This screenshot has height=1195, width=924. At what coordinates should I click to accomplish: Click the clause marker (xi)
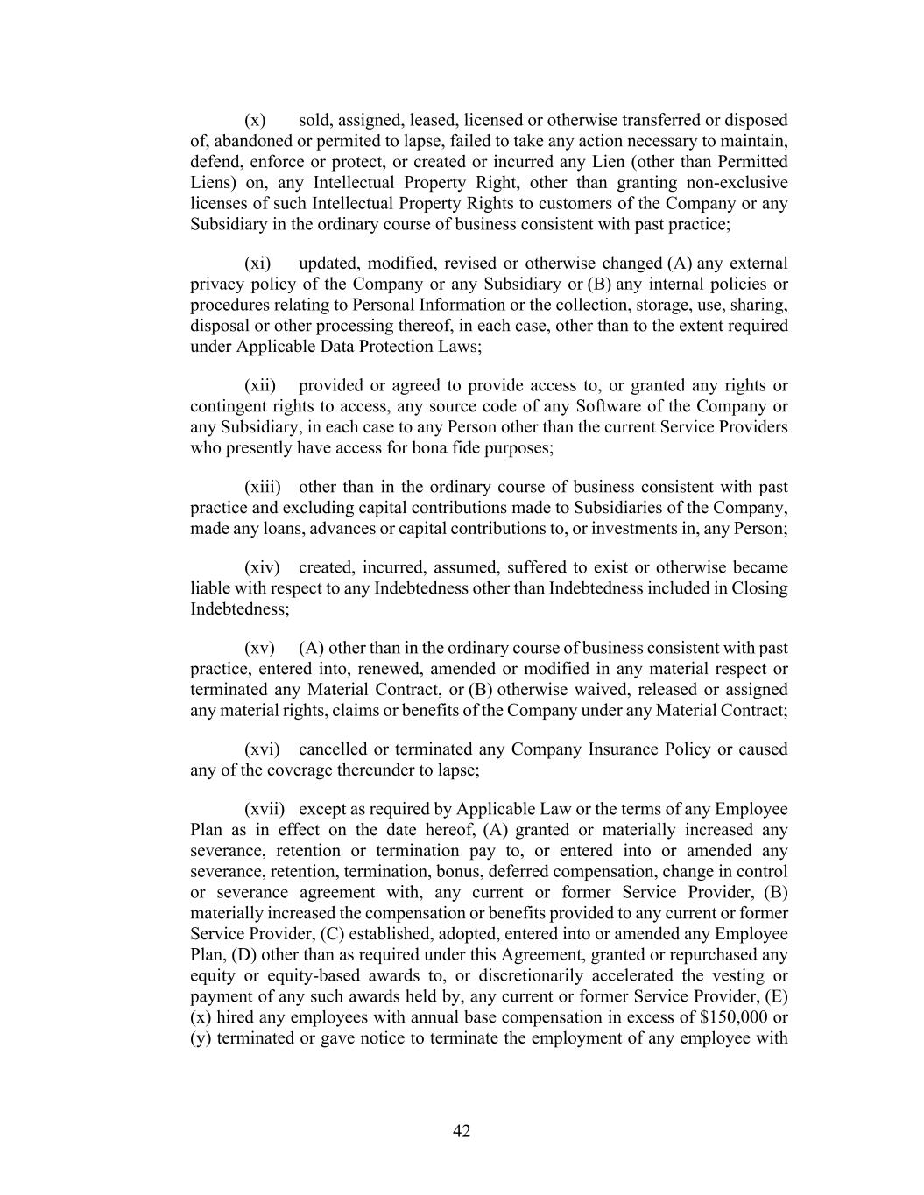[257, 264]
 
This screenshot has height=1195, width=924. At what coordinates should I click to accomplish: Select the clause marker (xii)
[260, 386]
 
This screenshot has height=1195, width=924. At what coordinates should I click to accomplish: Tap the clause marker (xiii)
[262, 488]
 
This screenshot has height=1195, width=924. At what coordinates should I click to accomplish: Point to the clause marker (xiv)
[262, 568]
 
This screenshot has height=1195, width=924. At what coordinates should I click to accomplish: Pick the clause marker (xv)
[259, 649]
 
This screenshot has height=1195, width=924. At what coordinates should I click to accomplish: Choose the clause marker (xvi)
[262, 750]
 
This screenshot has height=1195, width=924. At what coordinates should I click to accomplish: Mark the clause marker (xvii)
[265, 810]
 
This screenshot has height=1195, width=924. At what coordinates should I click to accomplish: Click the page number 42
[462, 1131]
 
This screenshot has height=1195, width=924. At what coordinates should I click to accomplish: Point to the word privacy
[215, 285]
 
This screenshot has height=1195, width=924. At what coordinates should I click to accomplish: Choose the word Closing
[759, 588]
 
